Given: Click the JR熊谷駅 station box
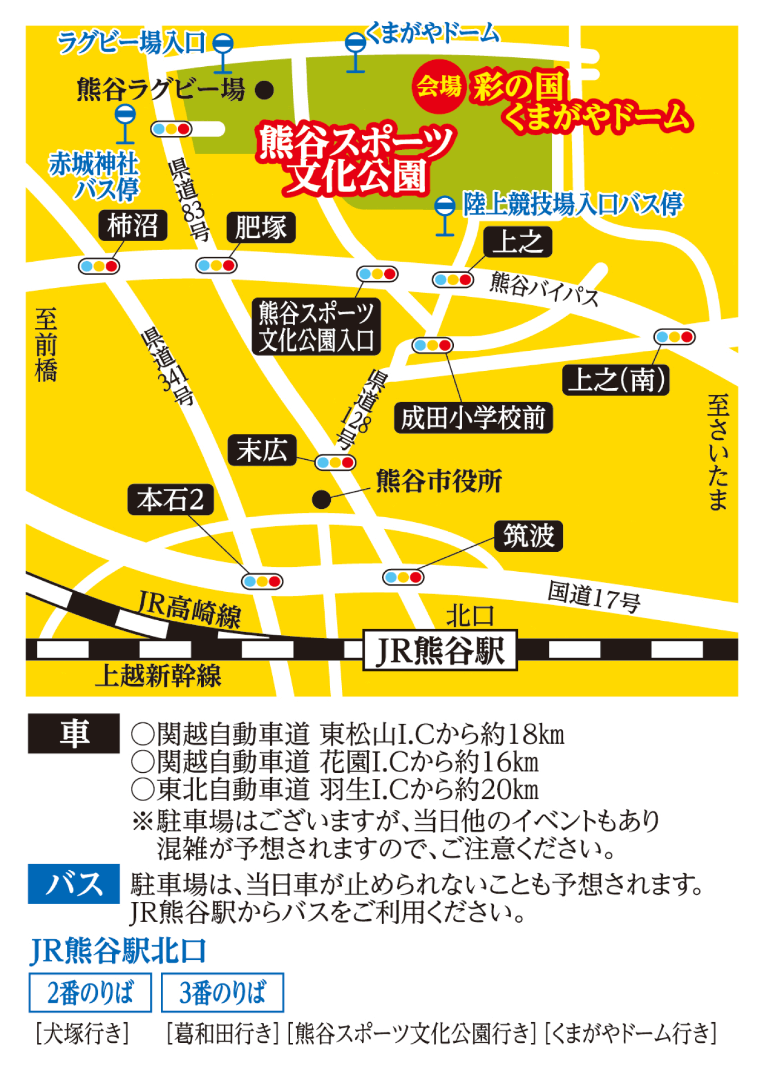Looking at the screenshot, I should point(440,650).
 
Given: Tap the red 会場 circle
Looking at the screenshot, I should point(439,86).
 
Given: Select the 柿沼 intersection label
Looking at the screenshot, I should point(133,225).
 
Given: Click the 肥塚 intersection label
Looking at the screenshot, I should point(261,227).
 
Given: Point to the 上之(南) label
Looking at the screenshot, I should point(615,380).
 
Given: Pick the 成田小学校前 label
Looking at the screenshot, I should point(473,418).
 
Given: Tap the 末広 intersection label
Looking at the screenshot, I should point(262,450).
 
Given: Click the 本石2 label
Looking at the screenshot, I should point(170,499).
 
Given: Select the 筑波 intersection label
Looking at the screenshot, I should point(528,536).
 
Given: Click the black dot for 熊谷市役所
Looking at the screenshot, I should point(321,499).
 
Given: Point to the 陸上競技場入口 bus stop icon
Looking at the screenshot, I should point(445,214).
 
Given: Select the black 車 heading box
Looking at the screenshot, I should point(74,733).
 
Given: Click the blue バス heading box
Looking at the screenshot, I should point(74,884).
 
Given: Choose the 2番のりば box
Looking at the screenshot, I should point(90,993).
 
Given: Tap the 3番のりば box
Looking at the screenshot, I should point(222,993).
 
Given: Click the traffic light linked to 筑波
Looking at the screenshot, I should point(403,577).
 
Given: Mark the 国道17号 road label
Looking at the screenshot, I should point(594,597).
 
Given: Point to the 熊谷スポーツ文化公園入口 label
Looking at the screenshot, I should point(316,327).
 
